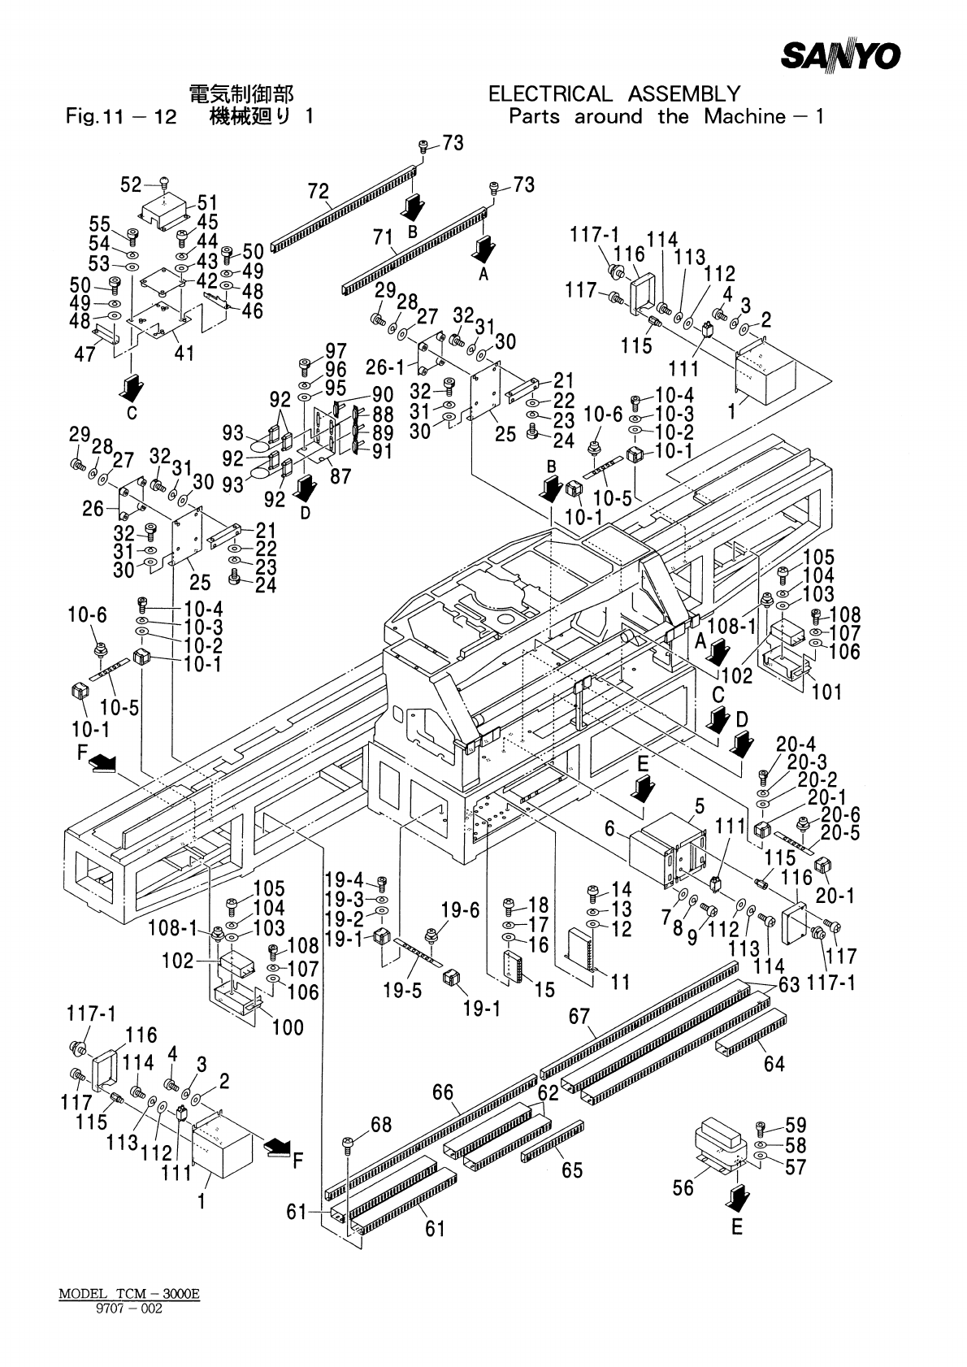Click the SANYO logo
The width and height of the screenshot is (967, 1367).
pyautogui.click(x=841, y=55)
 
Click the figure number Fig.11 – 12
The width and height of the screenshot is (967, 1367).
pyautogui.click(x=121, y=117)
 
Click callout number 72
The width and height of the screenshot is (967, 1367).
pyautogui.click(x=319, y=193)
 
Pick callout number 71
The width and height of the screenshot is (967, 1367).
pyautogui.click(x=382, y=237)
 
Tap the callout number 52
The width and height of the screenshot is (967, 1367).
pyautogui.click(x=131, y=185)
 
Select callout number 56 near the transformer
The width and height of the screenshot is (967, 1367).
pyautogui.click(x=683, y=1187)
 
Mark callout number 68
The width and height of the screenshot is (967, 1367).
pyautogui.click(x=381, y=1125)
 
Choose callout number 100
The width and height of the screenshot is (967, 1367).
pyautogui.click(x=288, y=1027)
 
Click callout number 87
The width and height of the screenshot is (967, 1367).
pyautogui.click(x=340, y=475)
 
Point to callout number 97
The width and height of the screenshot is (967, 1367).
pyautogui.click(x=336, y=351)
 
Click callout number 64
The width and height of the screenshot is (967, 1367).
pyautogui.click(x=774, y=1062)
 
